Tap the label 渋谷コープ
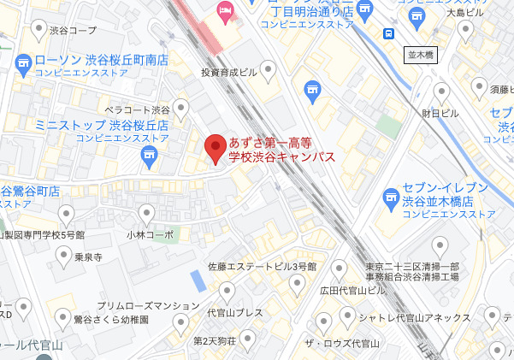click(x=74, y=30)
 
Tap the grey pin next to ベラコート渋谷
click(x=180, y=106)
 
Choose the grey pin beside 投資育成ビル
click(x=269, y=68)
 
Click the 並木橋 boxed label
click(x=420, y=54)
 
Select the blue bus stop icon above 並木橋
click(x=388, y=34)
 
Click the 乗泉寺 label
click(x=88, y=256)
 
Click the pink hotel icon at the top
click(x=226, y=11)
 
